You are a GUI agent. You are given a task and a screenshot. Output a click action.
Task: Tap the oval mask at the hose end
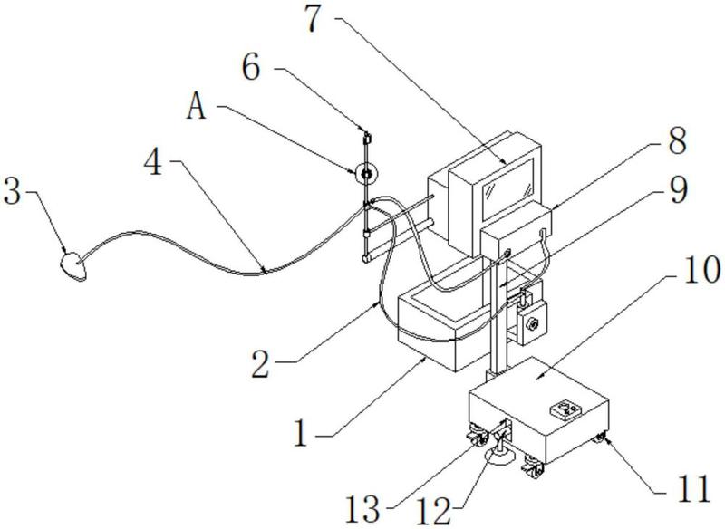(72, 264)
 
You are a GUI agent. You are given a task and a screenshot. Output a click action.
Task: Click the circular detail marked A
(364, 171)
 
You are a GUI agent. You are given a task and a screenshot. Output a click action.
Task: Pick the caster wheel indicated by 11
(599, 439)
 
